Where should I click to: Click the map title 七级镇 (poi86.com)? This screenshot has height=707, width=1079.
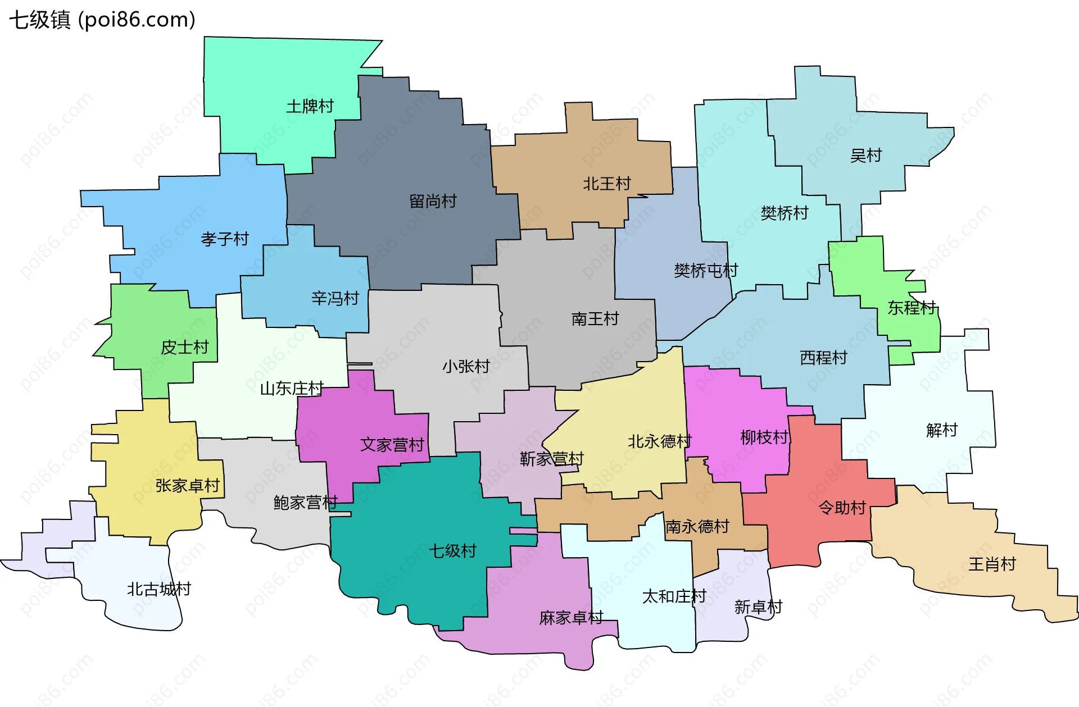point(102,20)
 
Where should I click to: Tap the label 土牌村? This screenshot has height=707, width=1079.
point(310,106)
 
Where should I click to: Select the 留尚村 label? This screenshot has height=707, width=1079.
point(433,201)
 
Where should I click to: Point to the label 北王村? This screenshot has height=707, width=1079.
point(607,184)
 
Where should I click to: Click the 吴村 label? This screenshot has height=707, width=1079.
point(866,156)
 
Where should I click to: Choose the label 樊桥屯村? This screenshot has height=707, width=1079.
point(706,271)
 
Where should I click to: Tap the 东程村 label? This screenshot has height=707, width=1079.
point(912,308)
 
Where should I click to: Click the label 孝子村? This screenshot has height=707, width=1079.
point(225,239)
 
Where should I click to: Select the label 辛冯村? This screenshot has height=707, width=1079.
point(335,298)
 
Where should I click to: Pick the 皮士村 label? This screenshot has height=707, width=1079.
point(185,348)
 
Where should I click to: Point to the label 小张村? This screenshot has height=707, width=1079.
point(466,367)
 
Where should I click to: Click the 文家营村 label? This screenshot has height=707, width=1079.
point(392,445)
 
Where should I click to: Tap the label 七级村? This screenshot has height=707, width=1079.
point(452,551)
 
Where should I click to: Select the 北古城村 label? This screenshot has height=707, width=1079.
point(159,589)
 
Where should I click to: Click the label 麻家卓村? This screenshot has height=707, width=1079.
point(571,618)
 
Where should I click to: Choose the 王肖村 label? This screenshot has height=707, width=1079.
point(992,564)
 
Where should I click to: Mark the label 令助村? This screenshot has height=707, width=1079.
point(842,508)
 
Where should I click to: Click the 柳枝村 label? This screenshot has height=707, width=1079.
point(764,437)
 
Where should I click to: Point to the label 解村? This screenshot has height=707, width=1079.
point(942,430)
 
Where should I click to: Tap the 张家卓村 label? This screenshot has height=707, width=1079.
point(187,486)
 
